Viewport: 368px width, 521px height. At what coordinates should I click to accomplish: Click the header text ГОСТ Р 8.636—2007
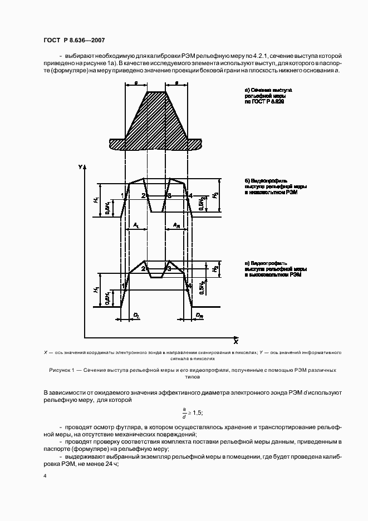(x=73, y=41)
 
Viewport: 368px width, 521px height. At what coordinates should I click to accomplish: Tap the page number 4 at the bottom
(x=45, y=476)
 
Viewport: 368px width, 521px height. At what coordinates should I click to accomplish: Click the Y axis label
(x=80, y=167)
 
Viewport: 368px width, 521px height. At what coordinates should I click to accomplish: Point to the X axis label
(x=235, y=340)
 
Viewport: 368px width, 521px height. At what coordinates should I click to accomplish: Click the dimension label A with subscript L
(x=136, y=225)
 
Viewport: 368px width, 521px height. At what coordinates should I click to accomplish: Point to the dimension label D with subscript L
(x=135, y=315)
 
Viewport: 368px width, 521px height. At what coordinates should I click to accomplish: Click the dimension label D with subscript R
(x=198, y=315)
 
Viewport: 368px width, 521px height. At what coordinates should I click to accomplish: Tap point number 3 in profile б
(x=170, y=196)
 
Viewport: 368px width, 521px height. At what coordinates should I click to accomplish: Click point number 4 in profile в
(x=189, y=286)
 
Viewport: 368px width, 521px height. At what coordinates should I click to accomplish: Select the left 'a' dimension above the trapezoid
(x=136, y=83)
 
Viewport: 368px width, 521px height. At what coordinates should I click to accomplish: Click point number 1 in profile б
(x=122, y=196)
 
